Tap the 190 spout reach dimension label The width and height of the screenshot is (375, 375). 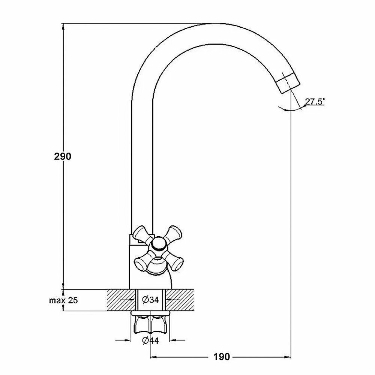(x=222, y=357)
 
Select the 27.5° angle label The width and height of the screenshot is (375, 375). (x=315, y=102)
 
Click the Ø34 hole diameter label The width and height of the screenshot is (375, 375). (x=150, y=300)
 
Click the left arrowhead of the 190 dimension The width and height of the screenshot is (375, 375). (x=153, y=357)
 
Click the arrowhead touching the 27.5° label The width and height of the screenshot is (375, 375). (x=304, y=106)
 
